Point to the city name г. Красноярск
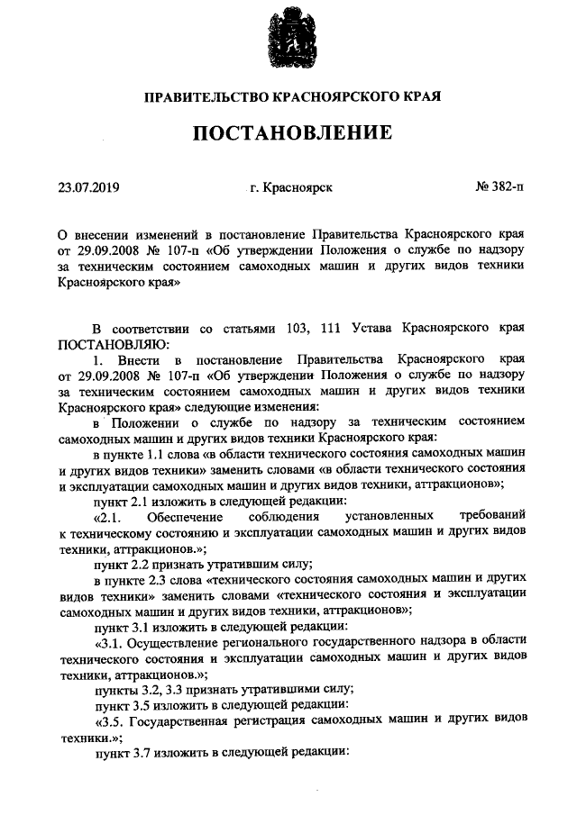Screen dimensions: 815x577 (x=291, y=188)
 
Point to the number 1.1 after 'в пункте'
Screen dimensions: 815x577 (x=160, y=453)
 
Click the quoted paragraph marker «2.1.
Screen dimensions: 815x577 (x=114, y=516)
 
